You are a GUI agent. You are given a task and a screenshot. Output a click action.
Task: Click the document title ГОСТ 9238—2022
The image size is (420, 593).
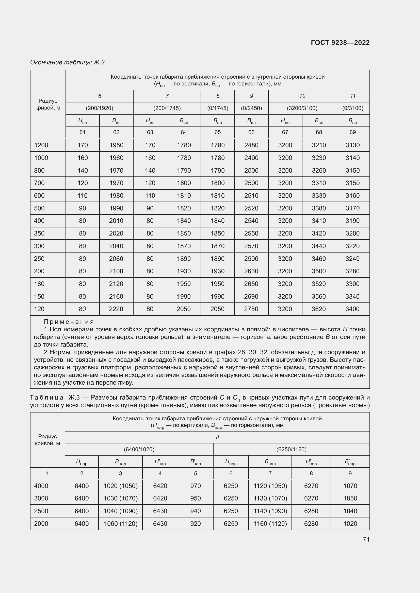point(340,43)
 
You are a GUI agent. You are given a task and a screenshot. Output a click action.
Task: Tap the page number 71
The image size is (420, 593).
point(366,539)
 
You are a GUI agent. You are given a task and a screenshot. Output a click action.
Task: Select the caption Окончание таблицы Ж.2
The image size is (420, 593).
point(67,62)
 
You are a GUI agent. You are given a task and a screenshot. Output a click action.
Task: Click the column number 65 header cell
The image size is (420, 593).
point(218,132)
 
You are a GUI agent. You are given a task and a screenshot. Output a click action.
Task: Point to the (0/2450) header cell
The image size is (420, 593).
point(251,108)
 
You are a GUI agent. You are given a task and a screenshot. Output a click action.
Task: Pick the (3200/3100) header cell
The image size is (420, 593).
point(302,108)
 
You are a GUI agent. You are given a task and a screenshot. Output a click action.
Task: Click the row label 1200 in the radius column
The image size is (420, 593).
point(41,145)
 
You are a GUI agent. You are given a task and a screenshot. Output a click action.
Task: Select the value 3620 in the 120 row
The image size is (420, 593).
point(319,309)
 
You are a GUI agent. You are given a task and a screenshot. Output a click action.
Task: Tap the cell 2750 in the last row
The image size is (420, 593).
point(251,309)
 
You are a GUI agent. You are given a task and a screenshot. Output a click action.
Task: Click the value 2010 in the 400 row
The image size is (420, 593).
point(116,221)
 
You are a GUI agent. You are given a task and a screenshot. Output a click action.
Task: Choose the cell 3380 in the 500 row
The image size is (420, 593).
point(319,208)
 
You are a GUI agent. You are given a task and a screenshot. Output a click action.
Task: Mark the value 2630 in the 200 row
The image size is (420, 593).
point(251,271)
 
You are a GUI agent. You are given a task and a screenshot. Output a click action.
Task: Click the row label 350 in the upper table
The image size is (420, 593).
point(39,233)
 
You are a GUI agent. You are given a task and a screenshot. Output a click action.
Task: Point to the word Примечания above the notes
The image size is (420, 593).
point(69,322)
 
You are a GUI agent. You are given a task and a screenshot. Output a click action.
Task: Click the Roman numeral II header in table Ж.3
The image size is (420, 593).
point(217,437)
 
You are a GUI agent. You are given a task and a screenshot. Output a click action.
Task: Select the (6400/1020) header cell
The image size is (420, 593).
point(139,450)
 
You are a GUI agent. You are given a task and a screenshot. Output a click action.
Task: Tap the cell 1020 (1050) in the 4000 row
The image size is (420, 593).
point(121,486)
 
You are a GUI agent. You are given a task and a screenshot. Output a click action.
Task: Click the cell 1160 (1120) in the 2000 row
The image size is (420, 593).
point(270,524)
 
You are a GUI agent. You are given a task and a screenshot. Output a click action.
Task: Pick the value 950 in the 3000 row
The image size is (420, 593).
point(195,498)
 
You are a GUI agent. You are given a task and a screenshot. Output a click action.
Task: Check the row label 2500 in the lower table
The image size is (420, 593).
point(41,511)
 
